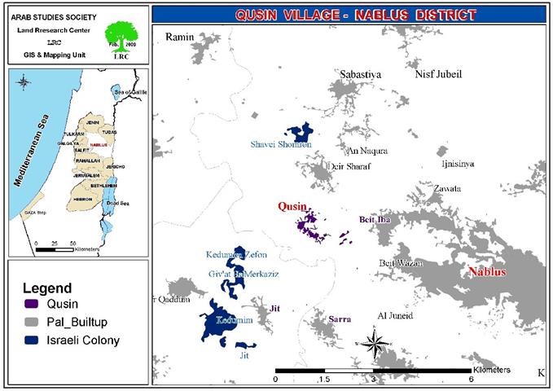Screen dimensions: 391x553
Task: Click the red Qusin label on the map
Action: (x=292, y=208)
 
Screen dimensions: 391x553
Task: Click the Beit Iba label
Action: (x=374, y=220)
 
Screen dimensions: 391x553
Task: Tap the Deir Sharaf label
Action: (x=348, y=166)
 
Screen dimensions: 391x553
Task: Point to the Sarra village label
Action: (x=340, y=319)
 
